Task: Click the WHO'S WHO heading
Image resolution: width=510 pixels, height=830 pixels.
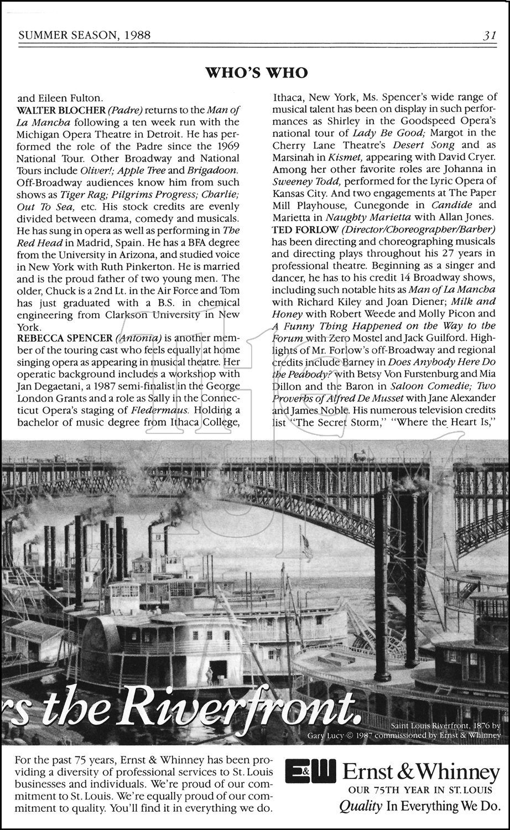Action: pyautogui.click(x=256, y=72)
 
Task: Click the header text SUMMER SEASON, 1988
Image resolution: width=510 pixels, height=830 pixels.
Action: pyautogui.click(x=85, y=36)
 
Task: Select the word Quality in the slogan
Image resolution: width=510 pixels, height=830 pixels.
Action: pyautogui.click(x=360, y=806)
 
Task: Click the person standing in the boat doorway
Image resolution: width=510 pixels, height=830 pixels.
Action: pyautogui.click(x=209, y=675)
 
